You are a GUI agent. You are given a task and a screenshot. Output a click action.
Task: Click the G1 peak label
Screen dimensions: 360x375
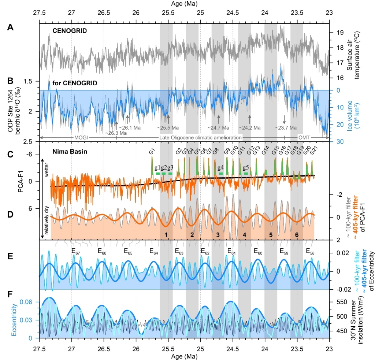click(152, 151)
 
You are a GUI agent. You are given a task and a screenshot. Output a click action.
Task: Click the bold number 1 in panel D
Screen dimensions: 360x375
click(166, 234)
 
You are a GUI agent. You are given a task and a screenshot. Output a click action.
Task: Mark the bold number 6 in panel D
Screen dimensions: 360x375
click(297, 234)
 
